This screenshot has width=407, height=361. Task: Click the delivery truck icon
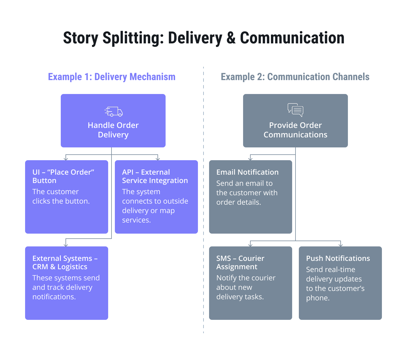tap(113, 112)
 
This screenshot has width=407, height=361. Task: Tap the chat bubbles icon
tap(295, 110)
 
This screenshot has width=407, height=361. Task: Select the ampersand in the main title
tap(231, 38)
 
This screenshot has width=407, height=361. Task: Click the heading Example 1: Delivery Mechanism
tap(112, 77)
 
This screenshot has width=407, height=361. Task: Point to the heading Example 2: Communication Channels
tap(295, 77)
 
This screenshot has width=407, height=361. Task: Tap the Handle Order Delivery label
tap(113, 130)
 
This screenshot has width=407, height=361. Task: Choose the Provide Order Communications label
tap(295, 130)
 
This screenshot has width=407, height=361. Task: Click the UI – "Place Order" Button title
tap(63, 176)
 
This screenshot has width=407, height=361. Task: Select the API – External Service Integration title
tap(155, 176)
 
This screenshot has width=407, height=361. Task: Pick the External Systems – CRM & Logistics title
tap(65, 263)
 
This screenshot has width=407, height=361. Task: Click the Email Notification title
tap(247, 172)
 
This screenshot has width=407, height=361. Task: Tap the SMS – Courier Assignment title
tap(240, 263)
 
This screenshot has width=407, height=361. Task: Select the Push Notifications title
tap(338, 258)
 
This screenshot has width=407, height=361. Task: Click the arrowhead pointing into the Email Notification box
tap(250, 159)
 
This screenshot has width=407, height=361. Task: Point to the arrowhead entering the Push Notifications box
tap(340, 245)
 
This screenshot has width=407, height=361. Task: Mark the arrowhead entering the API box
tap(158, 159)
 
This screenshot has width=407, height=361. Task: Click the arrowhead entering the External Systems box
tap(66, 245)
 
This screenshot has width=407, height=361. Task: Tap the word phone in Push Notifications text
tap(317, 298)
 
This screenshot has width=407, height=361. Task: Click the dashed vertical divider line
tap(203, 195)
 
